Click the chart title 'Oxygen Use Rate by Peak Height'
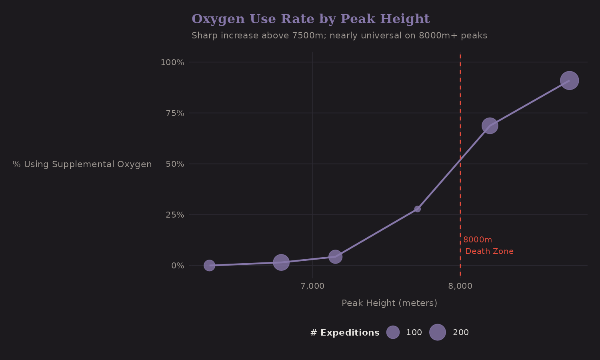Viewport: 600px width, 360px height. tap(310, 19)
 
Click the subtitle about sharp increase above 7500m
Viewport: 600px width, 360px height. tap(339, 36)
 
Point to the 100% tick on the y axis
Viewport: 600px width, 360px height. tap(172, 62)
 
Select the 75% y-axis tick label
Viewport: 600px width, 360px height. tap(175, 113)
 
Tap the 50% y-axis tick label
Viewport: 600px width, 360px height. tap(175, 164)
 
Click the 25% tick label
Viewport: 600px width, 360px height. tap(175, 215)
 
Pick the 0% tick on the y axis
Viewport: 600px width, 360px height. tap(178, 266)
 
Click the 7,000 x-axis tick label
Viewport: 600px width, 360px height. tap(312, 286)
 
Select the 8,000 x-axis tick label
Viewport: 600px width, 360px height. tap(460, 286)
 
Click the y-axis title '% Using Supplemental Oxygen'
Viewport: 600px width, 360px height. tap(82, 164)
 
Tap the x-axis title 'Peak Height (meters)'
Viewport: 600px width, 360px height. tap(389, 303)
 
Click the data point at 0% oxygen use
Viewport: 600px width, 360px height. tap(209, 265)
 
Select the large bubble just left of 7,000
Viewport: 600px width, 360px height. tap(281, 262)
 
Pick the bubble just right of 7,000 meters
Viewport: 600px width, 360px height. tap(335, 256)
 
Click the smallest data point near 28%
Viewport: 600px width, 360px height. tap(417, 209)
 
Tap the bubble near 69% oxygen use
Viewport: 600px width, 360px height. tap(489, 126)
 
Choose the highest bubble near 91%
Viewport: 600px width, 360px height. tap(569, 80)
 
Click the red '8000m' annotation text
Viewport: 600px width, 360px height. tap(478, 240)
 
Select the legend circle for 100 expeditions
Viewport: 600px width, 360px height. tap(393, 332)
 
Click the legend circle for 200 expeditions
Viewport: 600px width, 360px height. tap(437, 332)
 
